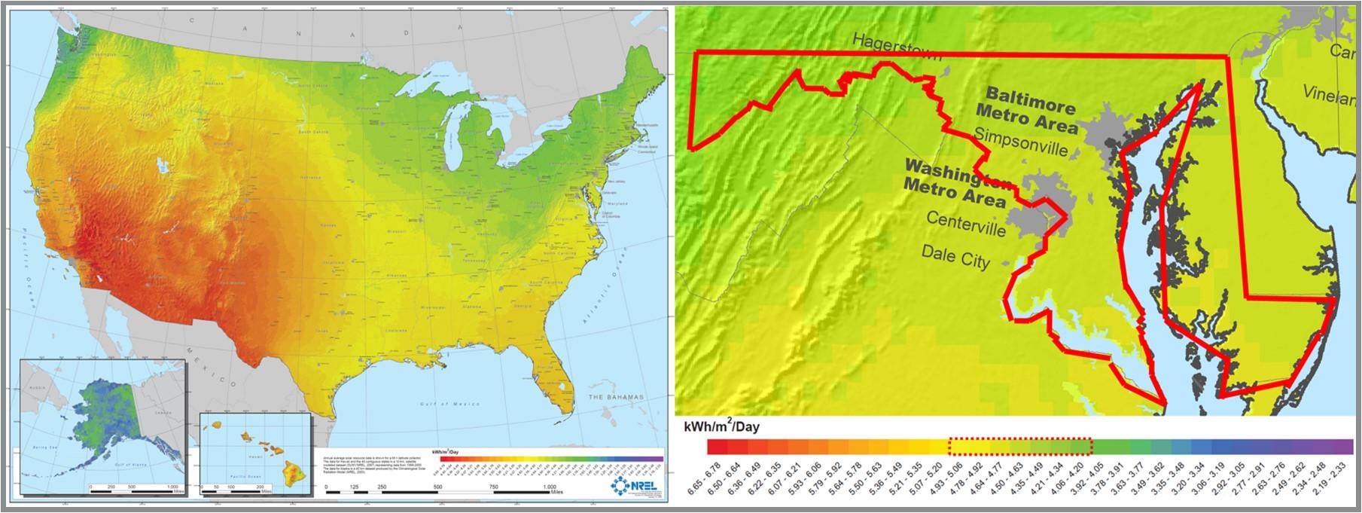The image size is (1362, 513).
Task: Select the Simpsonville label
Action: point(1021,143)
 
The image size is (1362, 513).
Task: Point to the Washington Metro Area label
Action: point(956,183)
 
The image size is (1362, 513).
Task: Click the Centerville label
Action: point(965,223)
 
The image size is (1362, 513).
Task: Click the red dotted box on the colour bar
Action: point(1020,447)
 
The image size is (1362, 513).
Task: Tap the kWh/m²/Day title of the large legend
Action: point(721,427)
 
